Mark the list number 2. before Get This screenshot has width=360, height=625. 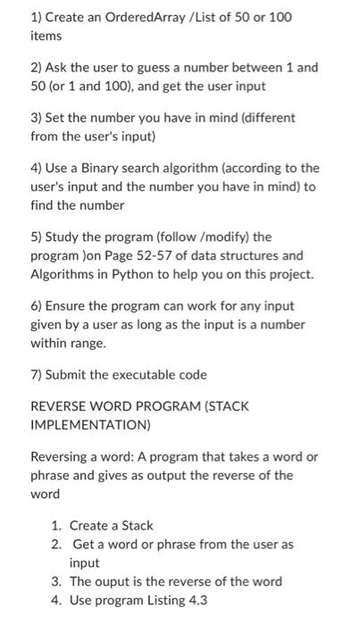(x=56, y=544)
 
